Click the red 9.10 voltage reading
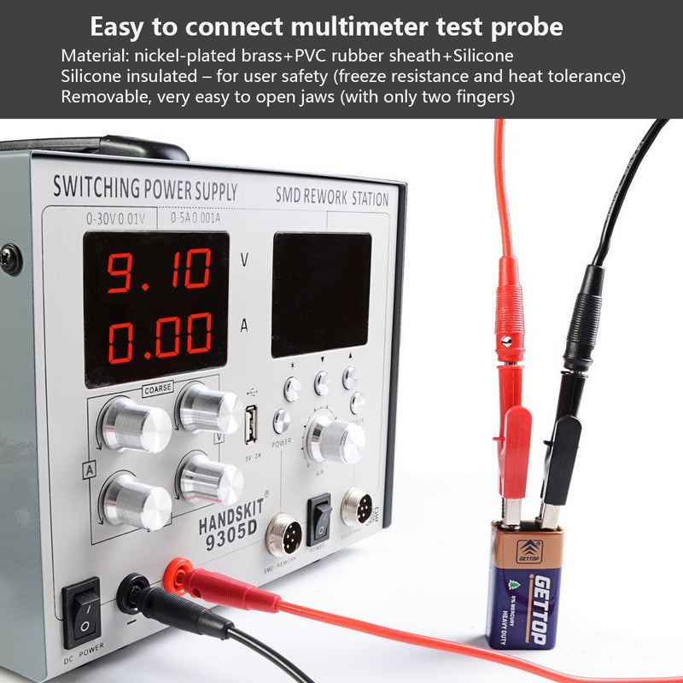coord(159,270)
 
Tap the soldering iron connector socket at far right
coord(357,507)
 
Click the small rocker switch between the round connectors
coord(319,513)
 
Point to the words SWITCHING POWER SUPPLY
coord(145,186)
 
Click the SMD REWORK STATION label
coord(331,197)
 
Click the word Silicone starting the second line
coord(90,76)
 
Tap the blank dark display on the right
coord(321,294)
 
